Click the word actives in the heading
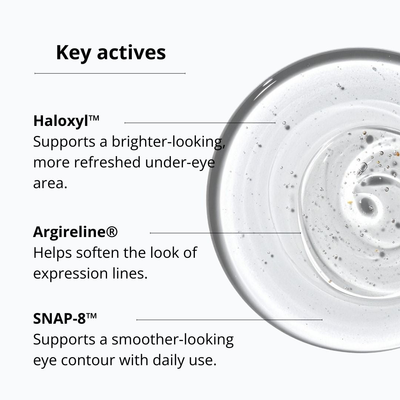coord(131,53)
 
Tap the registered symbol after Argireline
coord(111,232)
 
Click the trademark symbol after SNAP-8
coord(91,316)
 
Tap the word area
coord(50,183)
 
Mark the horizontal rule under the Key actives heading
coord(110,73)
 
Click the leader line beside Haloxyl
coord(200,123)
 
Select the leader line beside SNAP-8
coord(229,320)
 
